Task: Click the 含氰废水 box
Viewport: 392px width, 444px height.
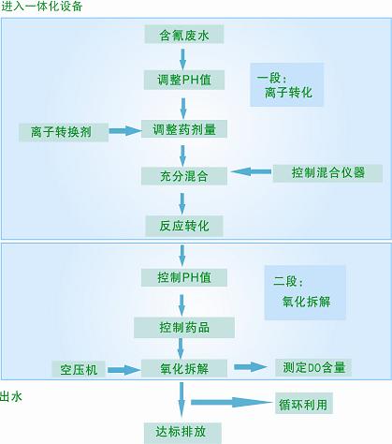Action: (184, 35)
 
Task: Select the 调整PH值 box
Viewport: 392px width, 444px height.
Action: (184, 80)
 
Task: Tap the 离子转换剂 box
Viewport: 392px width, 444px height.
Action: (64, 132)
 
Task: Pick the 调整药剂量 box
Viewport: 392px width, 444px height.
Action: (184, 128)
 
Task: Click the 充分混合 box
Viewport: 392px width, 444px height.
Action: (184, 176)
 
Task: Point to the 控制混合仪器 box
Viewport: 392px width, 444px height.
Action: (327, 173)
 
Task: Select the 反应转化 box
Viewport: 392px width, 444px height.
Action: (184, 226)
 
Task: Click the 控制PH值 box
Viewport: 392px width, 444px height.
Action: (184, 277)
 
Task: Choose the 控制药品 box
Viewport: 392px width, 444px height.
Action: (184, 327)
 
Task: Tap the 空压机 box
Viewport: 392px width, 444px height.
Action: (79, 369)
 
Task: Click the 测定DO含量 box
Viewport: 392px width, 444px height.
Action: (313, 367)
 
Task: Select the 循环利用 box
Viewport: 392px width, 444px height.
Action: (304, 404)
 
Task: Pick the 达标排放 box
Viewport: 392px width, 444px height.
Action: (182, 433)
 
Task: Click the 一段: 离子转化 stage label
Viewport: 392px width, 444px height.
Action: (286, 85)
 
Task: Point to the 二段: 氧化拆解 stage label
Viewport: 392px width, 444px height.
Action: (305, 292)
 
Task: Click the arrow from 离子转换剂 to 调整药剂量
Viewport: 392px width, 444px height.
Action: (124, 131)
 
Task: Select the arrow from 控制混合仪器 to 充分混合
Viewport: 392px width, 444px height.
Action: (251, 171)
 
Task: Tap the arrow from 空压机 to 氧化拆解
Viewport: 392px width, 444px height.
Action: (124, 370)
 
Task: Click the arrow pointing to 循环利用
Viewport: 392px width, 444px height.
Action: (232, 403)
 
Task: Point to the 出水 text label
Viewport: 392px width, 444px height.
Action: (11, 396)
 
